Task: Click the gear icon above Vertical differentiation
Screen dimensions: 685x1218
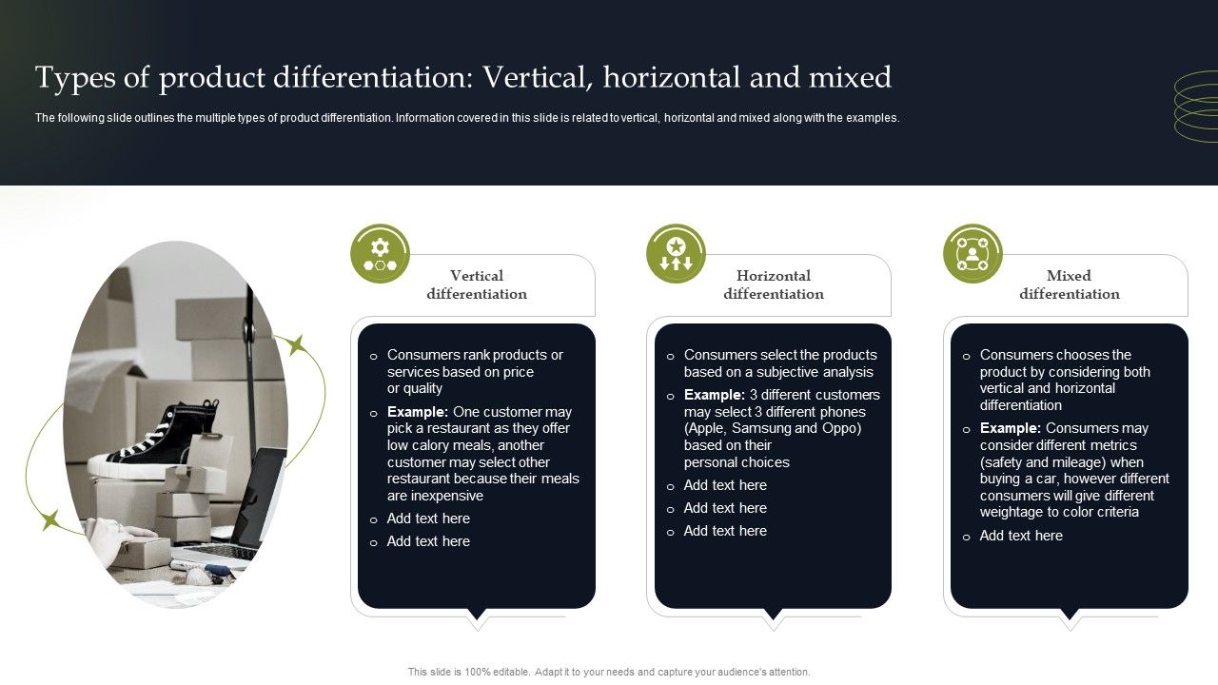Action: click(x=380, y=254)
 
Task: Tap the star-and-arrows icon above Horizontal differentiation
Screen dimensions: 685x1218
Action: click(x=676, y=254)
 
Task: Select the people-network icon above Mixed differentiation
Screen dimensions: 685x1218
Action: click(x=972, y=254)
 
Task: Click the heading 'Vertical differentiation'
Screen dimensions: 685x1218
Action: click(x=477, y=284)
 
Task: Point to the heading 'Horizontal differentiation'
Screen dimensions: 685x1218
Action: click(x=773, y=284)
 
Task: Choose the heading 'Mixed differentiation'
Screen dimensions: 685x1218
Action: click(x=1069, y=284)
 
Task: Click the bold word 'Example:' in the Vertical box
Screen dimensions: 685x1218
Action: click(x=418, y=412)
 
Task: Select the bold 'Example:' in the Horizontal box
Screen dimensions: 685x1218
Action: click(x=714, y=395)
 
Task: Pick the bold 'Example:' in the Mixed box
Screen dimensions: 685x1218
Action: click(x=1011, y=428)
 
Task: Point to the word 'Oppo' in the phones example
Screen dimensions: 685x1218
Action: click(x=841, y=428)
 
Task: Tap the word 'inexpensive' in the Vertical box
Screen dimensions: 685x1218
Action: click(x=447, y=496)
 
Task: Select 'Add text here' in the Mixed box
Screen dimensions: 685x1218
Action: click(x=1021, y=536)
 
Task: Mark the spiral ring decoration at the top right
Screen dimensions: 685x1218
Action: click(x=1196, y=108)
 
